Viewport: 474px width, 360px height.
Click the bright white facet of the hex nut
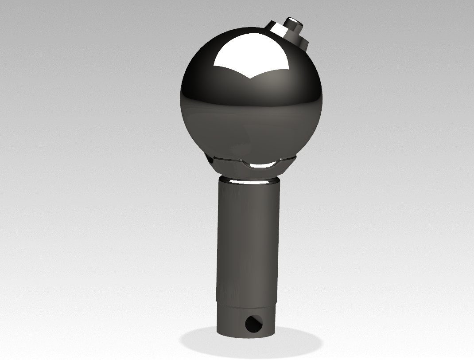click(x=278, y=29)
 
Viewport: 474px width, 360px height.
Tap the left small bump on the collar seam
click(x=240, y=160)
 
